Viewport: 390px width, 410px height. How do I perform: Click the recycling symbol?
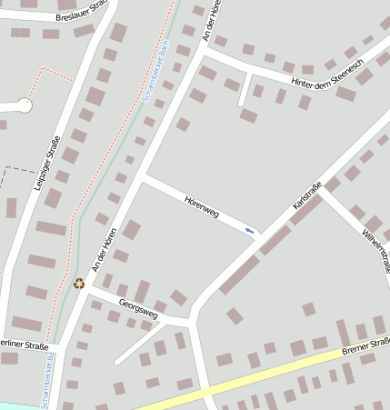point(79,284)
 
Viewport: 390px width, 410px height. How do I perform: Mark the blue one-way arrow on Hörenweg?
point(250,230)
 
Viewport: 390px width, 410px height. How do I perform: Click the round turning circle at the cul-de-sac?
point(24,105)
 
